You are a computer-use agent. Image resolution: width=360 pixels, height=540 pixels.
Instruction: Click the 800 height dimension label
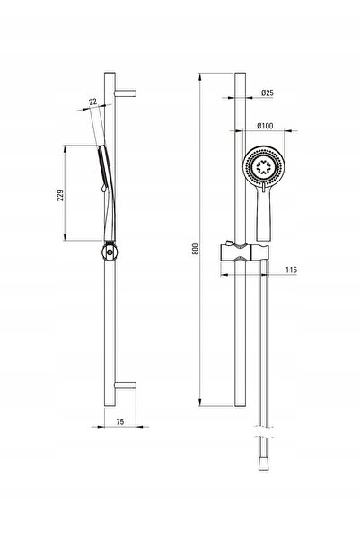click(195, 249)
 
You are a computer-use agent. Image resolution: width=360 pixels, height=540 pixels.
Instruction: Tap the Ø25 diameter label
click(267, 93)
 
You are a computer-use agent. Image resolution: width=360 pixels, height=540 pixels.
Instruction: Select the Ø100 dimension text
click(265, 126)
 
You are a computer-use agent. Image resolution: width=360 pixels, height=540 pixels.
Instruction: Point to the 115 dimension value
click(291, 270)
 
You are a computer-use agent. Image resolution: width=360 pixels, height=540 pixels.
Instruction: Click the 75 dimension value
click(119, 422)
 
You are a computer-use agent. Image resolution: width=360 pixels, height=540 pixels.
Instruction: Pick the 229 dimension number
click(60, 195)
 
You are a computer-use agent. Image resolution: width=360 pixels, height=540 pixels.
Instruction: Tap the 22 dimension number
click(93, 102)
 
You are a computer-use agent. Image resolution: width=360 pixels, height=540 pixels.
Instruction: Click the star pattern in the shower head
click(264, 167)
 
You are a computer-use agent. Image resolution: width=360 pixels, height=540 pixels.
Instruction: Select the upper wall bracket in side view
click(126, 93)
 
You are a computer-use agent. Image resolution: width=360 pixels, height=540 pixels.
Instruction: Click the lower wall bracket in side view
click(126, 385)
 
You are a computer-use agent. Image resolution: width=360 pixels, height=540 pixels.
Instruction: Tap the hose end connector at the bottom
click(264, 464)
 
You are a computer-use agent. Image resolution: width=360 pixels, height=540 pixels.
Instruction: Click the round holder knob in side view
click(110, 252)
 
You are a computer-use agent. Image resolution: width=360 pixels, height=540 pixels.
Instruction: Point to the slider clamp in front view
click(243, 253)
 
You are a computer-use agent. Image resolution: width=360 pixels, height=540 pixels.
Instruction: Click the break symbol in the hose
click(264, 432)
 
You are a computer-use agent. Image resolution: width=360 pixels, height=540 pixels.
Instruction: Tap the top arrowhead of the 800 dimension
click(200, 76)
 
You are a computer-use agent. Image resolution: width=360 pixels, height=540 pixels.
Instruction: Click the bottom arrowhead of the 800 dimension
click(200, 402)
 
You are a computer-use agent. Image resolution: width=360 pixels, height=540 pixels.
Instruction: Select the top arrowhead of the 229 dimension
click(65, 149)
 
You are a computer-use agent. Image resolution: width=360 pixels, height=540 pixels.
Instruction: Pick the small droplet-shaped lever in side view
click(102, 189)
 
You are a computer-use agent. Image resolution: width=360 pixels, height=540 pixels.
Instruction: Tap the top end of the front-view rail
click(241, 73)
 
